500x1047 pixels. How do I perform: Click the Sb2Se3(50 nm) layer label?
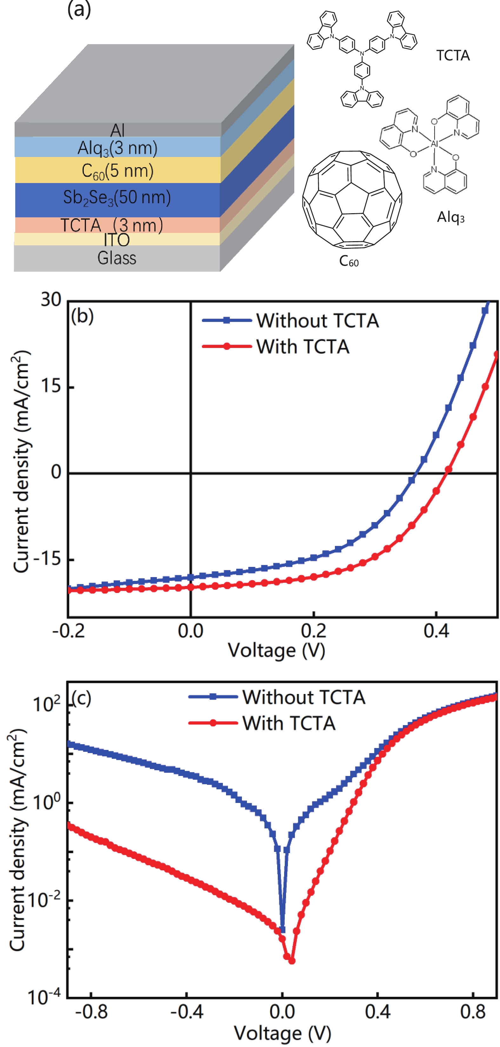(117, 198)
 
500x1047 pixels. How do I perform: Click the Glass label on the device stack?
(117, 258)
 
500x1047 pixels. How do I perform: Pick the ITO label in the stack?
(117, 240)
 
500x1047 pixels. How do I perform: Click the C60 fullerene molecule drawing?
(352, 199)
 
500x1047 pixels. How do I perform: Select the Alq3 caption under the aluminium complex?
(450, 217)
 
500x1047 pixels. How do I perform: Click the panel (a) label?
(79, 9)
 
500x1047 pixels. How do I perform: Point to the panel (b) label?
(82, 316)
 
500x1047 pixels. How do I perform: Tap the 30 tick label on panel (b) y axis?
(51, 300)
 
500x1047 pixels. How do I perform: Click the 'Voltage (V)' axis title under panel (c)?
(282, 1033)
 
